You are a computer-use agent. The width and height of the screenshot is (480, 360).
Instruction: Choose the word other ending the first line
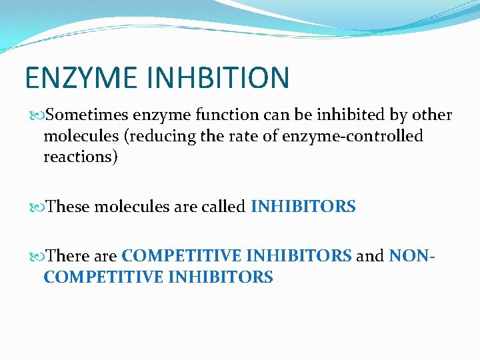(431, 115)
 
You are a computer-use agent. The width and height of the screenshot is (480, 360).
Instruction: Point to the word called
(223, 207)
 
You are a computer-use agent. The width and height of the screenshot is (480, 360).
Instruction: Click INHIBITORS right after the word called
(303, 207)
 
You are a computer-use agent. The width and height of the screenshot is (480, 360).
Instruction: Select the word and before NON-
(370, 255)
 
